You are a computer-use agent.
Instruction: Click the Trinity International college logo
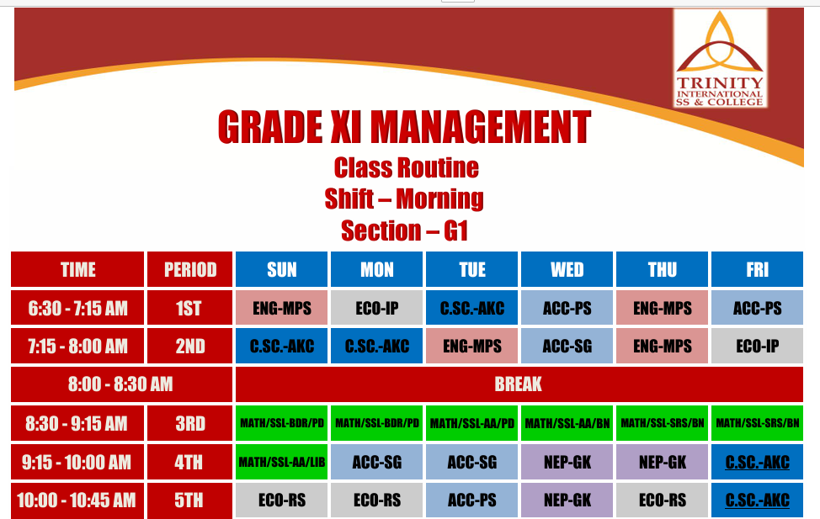click(720, 58)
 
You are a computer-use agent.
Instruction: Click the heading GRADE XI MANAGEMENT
click(404, 127)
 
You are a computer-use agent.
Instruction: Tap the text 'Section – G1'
click(404, 230)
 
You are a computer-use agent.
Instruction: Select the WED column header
click(567, 269)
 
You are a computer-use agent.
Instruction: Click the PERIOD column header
click(189, 269)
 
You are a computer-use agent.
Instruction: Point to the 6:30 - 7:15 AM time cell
click(77, 308)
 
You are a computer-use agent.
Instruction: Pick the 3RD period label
click(189, 423)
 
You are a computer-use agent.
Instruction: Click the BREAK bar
click(519, 384)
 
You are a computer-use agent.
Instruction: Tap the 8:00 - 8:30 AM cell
click(121, 384)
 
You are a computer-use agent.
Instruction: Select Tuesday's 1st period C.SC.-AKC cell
click(471, 308)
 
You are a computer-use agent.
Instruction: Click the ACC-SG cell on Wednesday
click(567, 346)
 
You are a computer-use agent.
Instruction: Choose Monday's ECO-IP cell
click(376, 308)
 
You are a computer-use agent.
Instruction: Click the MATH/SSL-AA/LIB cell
click(282, 462)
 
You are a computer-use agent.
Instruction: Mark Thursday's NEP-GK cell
click(662, 462)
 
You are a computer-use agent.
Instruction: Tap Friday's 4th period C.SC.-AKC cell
click(757, 462)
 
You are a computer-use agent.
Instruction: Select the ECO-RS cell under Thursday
click(662, 500)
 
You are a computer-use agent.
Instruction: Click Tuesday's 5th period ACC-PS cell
click(471, 500)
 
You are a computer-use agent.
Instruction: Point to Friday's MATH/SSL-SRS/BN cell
click(757, 423)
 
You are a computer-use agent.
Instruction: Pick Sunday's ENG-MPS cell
click(282, 308)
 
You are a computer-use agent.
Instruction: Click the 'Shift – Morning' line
click(404, 199)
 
